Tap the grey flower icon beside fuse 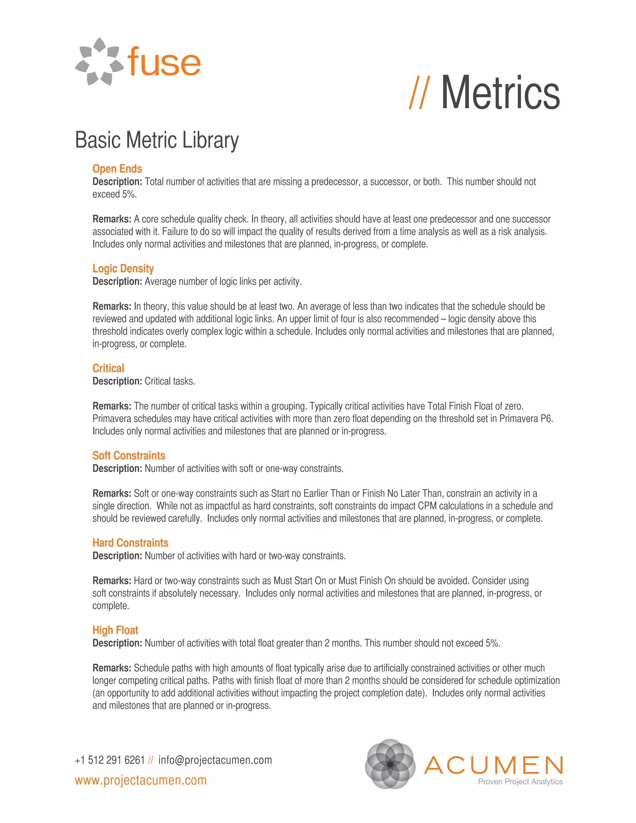pyautogui.click(x=99, y=62)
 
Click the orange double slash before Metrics pyautogui.click(x=419, y=93)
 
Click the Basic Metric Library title pyautogui.click(x=157, y=140)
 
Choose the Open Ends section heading pyautogui.click(x=117, y=169)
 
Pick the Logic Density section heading pyautogui.click(x=123, y=268)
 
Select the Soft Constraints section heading pyautogui.click(x=129, y=456)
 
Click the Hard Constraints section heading pyautogui.click(x=130, y=543)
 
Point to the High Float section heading pyautogui.click(x=115, y=630)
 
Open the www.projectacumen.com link pyautogui.click(x=141, y=780)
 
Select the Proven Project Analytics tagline pyautogui.click(x=520, y=782)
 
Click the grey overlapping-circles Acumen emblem pyautogui.click(x=390, y=764)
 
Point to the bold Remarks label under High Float pyautogui.click(x=112, y=668)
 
